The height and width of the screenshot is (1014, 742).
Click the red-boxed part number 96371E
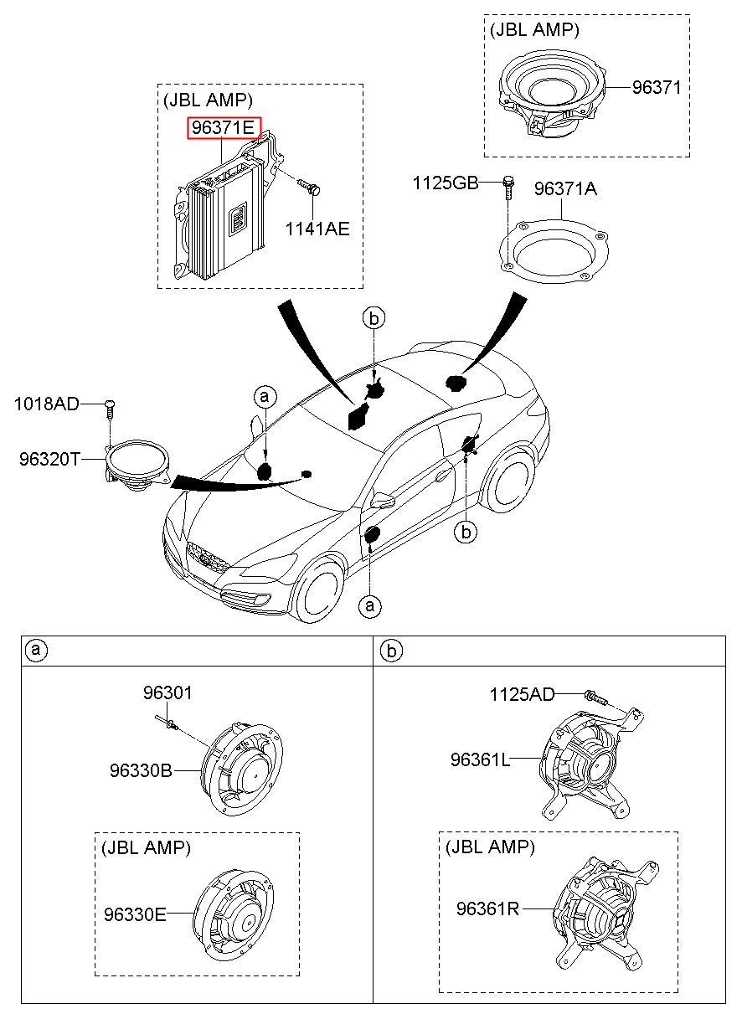[x=224, y=128]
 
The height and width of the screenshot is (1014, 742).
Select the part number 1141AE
[x=317, y=229]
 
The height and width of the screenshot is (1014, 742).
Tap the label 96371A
[x=565, y=189]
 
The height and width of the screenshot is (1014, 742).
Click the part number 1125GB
[x=445, y=183]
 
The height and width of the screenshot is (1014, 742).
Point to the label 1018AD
[x=46, y=404]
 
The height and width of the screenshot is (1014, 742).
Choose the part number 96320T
[x=49, y=460]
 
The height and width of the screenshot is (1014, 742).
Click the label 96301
[x=167, y=693]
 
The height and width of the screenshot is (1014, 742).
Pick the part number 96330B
[x=141, y=770]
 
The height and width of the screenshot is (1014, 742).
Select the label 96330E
[x=135, y=915]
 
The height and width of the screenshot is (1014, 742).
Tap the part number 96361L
[x=480, y=759]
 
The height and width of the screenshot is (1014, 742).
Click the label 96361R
[x=487, y=908]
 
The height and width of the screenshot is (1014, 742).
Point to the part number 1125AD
[x=522, y=694]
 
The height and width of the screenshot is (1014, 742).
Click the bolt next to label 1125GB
[x=508, y=188]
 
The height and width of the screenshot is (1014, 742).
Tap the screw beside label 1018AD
[x=110, y=409]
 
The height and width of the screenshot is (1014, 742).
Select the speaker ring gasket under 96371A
[x=554, y=251]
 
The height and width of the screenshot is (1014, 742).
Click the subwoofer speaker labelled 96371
[x=553, y=95]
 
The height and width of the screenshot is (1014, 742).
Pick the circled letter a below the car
[x=370, y=605]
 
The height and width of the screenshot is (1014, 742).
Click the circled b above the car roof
[x=374, y=318]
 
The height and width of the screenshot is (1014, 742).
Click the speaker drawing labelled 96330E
[x=234, y=916]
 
